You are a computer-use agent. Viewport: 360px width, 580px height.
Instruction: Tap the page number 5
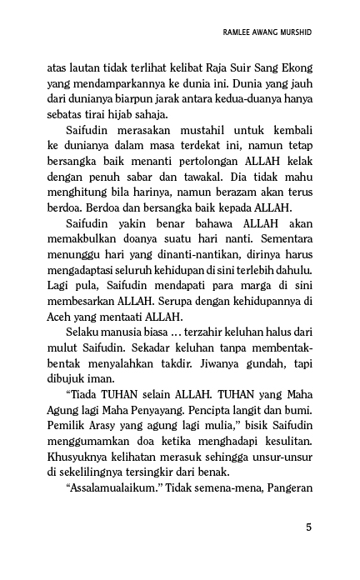[x=309, y=527]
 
